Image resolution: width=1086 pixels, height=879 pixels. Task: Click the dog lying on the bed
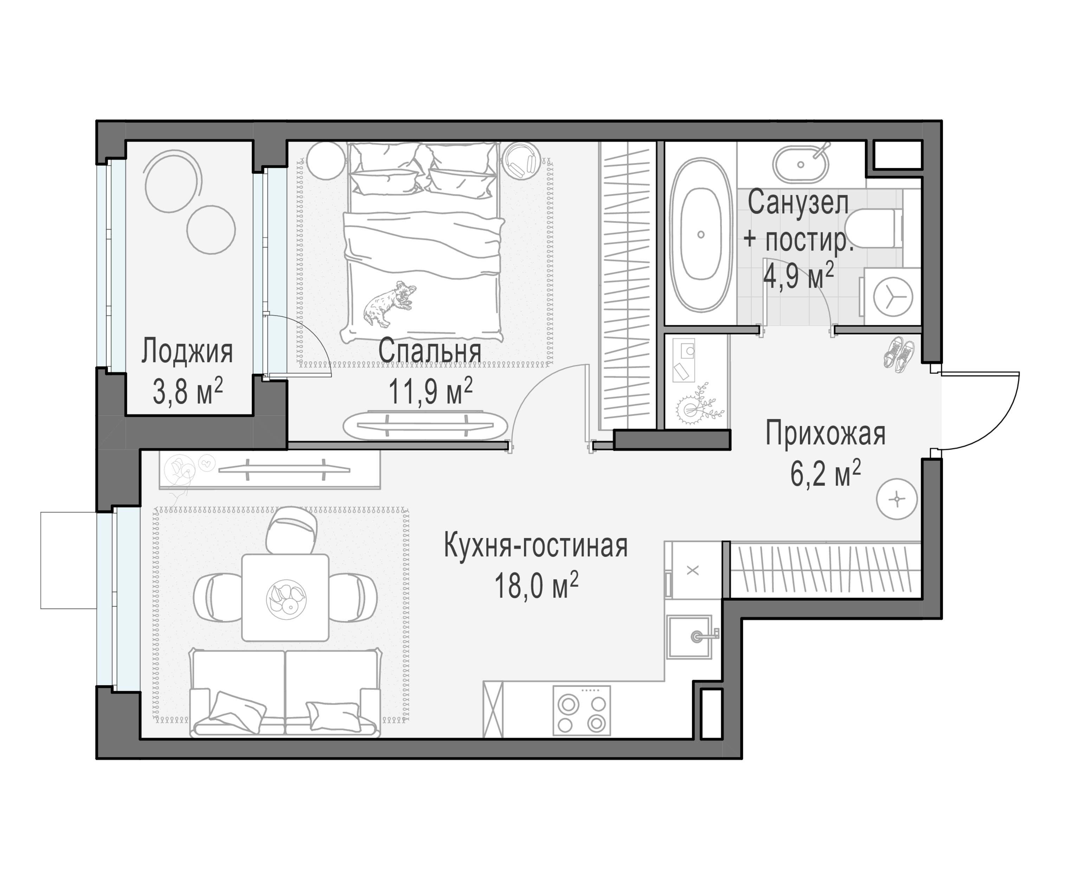(389, 305)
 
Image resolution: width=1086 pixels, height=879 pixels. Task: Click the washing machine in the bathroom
(893, 297)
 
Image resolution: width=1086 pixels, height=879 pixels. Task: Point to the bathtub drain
(701, 235)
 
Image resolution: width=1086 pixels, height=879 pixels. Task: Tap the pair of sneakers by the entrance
(900, 354)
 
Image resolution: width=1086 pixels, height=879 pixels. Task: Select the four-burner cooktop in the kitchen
(581, 710)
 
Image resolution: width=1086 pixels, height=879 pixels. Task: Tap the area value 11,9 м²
(430, 392)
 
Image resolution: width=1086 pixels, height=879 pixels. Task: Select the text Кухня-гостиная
(535, 546)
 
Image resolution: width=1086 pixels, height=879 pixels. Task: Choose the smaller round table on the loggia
(211, 229)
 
